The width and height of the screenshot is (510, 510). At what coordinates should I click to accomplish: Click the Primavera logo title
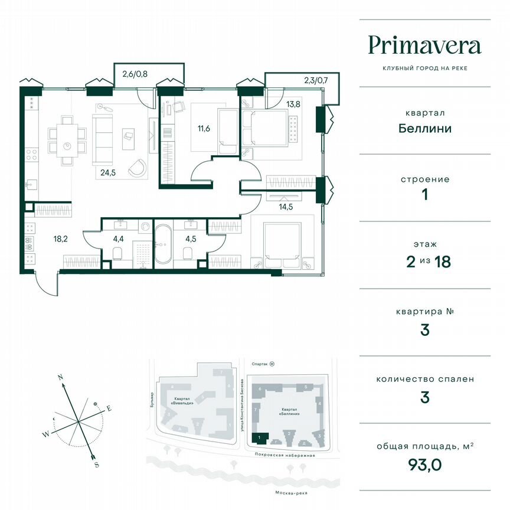point(424,45)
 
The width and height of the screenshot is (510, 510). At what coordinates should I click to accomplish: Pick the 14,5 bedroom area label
point(287,206)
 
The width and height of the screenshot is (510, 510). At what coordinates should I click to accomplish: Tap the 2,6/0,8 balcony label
point(135,74)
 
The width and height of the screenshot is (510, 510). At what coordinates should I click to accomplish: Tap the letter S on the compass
point(96,465)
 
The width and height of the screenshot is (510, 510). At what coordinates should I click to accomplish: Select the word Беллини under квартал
point(424,129)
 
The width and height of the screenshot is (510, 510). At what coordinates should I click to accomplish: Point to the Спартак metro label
point(257,365)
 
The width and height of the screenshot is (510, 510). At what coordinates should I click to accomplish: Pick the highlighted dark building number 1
point(257,437)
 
